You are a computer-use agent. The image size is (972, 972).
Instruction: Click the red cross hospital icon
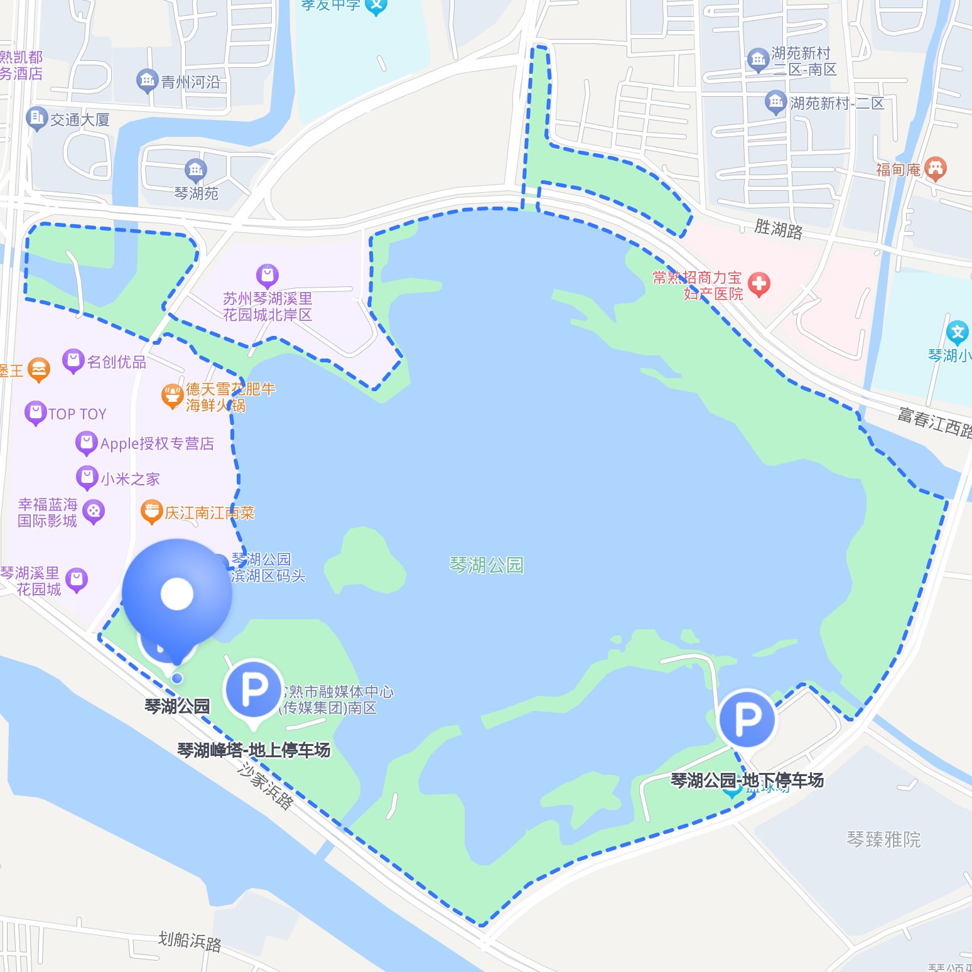click(759, 284)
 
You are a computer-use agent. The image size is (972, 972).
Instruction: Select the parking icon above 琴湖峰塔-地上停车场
click(254, 689)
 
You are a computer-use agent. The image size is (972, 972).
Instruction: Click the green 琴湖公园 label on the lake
click(486, 565)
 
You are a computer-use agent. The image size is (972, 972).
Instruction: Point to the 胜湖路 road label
click(778, 229)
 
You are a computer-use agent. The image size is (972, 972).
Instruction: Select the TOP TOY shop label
click(77, 414)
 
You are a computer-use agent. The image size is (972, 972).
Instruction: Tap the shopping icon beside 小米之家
click(87, 478)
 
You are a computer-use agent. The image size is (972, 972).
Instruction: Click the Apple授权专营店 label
click(157, 444)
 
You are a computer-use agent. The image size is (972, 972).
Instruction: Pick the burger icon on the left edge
click(39, 370)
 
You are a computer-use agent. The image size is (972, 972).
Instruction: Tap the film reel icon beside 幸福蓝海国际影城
click(94, 512)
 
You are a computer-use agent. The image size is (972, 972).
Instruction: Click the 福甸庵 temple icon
click(936, 168)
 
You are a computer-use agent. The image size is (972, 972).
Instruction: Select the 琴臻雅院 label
click(883, 839)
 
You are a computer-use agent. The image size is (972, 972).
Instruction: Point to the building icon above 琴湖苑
click(195, 170)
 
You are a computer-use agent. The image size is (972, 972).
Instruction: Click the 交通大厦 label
click(80, 119)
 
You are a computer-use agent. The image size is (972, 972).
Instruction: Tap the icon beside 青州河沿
click(147, 80)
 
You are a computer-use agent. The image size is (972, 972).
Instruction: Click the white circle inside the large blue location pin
click(177, 594)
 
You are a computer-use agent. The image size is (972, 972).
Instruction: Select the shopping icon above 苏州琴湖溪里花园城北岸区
click(267, 276)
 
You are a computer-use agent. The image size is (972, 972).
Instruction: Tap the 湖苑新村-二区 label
click(837, 103)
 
